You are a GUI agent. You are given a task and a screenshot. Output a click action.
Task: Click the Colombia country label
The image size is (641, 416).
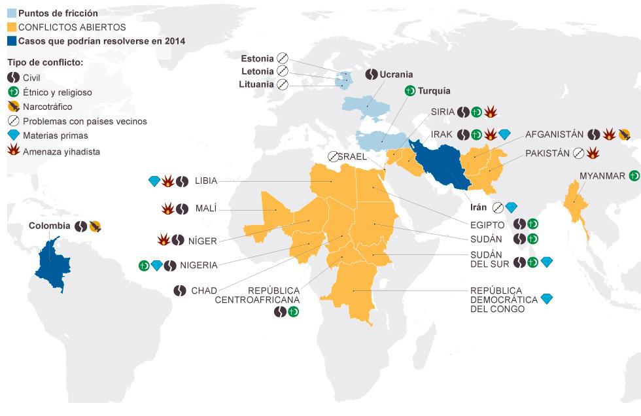click(x=49, y=226)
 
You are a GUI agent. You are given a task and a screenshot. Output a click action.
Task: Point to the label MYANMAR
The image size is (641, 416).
click(x=602, y=175)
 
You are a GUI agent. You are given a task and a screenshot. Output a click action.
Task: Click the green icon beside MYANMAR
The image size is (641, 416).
click(x=634, y=175)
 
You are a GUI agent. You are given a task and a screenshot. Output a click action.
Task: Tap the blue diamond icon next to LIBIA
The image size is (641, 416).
click(x=154, y=181)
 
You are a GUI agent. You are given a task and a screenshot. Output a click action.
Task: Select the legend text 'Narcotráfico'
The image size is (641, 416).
click(x=47, y=107)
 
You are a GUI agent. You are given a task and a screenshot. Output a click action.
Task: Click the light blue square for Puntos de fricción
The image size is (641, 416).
click(x=12, y=13)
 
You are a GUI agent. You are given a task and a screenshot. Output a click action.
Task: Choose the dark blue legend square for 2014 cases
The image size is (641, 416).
click(x=12, y=41)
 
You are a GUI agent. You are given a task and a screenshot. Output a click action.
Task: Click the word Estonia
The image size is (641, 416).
click(x=257, y=58)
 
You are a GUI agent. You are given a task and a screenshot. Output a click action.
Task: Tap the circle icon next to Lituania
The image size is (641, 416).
click(x=282, y=84)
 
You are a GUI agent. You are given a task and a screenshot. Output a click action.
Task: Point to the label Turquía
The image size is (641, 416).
click(x=434, y=91)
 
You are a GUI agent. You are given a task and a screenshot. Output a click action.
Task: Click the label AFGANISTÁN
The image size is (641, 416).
click(x=554, y=134)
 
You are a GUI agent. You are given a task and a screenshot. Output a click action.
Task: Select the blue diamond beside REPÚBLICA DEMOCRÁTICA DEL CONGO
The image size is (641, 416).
click(x=547, y=299)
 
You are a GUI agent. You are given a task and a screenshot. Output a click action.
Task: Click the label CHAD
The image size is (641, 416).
click(x=203, y=290)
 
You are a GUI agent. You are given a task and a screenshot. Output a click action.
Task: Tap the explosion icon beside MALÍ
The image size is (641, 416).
click(x=166, y=209)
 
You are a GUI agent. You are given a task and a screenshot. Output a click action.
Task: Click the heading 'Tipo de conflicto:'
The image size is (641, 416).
click(x=45, y=63)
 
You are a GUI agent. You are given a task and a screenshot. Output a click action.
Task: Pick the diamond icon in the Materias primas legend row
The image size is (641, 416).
click(x=13, y=136)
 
